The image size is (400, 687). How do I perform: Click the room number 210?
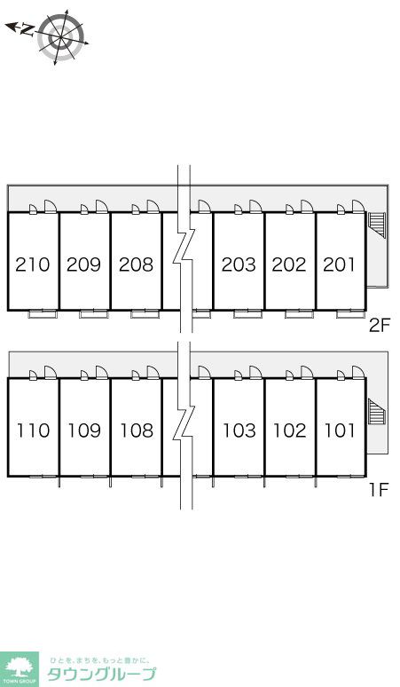point(33,265)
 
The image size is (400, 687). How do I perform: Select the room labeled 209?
point(84,265)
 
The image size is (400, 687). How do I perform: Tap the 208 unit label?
point(136,265)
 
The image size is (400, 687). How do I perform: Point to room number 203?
point(239,265)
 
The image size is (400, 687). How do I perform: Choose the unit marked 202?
point(289,265)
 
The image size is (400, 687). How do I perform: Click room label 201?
point(340,265)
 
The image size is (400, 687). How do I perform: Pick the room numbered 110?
point(34,430)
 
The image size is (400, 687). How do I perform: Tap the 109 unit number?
point(84,430)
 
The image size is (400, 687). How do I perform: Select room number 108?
point(137,430)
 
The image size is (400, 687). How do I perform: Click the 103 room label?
point(239,430)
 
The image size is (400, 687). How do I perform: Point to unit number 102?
point(290,430)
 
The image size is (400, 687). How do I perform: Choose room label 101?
point(340,430)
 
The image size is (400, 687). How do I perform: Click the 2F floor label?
point(379,326)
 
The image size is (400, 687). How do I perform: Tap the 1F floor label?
point(379,490)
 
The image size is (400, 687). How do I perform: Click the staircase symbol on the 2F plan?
point(376,225)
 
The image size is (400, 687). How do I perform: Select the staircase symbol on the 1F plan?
point(376,412)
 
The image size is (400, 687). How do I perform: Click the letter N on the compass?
point(27,30)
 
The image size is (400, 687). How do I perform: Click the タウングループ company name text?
point(101,674)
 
